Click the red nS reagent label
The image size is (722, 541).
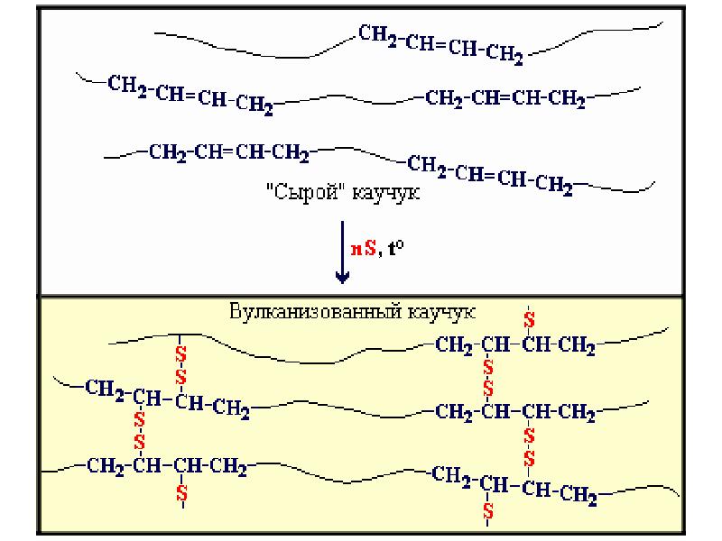[363, 252]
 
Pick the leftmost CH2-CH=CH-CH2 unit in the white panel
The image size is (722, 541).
[190, 95]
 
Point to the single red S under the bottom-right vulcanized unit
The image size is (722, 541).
[488, 510]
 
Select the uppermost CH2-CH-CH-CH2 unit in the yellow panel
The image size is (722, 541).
[514, 345]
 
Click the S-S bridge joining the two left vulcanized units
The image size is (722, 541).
[140, 431]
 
